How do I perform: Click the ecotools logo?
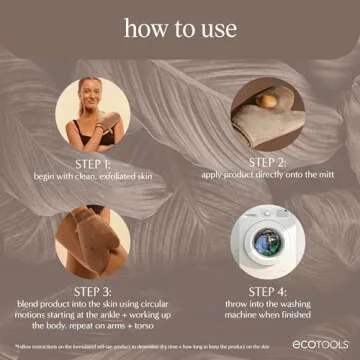click(x=321, y=345)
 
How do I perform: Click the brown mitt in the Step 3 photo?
click(x=95, y=240)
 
